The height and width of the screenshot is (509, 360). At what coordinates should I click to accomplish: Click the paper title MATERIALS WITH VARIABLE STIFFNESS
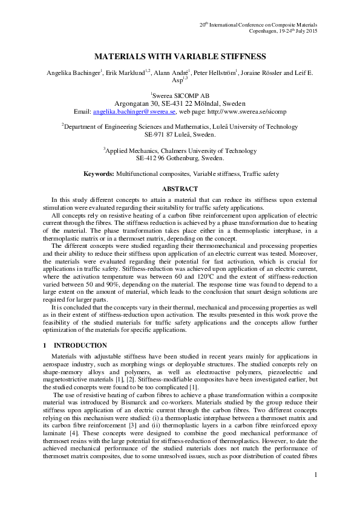180,56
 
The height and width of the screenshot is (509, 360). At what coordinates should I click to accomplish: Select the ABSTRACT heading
180,189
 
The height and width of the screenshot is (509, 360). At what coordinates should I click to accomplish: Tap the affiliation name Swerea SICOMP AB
181,95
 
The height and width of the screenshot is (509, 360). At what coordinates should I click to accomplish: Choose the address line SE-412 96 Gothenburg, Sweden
180,158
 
